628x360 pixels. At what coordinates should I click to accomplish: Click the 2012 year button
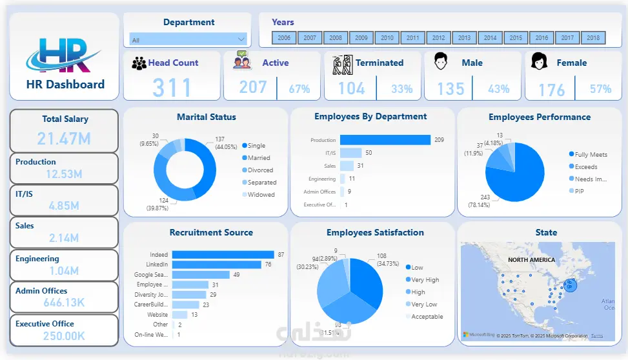coord(439,38)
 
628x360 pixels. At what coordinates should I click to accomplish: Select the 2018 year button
coord(593,38)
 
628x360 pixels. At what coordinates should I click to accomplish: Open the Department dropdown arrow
coord(241,39)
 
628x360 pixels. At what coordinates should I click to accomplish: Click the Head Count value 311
coord(172,88)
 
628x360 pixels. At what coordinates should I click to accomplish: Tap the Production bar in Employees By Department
coord(385,140)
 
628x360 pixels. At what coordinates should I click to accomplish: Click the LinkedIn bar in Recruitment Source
coord(216,265)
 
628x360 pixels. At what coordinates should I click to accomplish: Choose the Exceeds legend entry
coord(586,166)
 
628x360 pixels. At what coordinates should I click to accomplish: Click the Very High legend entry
coord(425,279)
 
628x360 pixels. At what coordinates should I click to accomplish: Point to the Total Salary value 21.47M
coord(64,138)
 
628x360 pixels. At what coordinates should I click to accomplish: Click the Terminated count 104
coord(352,88)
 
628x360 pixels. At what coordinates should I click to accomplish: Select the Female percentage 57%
coord(600,89)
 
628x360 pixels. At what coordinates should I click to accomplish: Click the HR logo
coord(63,55)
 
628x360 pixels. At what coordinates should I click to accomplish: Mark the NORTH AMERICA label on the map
coord(531,259)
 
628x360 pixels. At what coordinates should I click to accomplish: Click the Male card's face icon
coord(441,62)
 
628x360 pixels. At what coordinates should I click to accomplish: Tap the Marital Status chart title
coord(207,117)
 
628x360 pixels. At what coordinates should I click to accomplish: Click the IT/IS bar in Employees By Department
coord(350,153)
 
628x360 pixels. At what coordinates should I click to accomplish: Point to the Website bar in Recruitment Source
coord(179,314)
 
